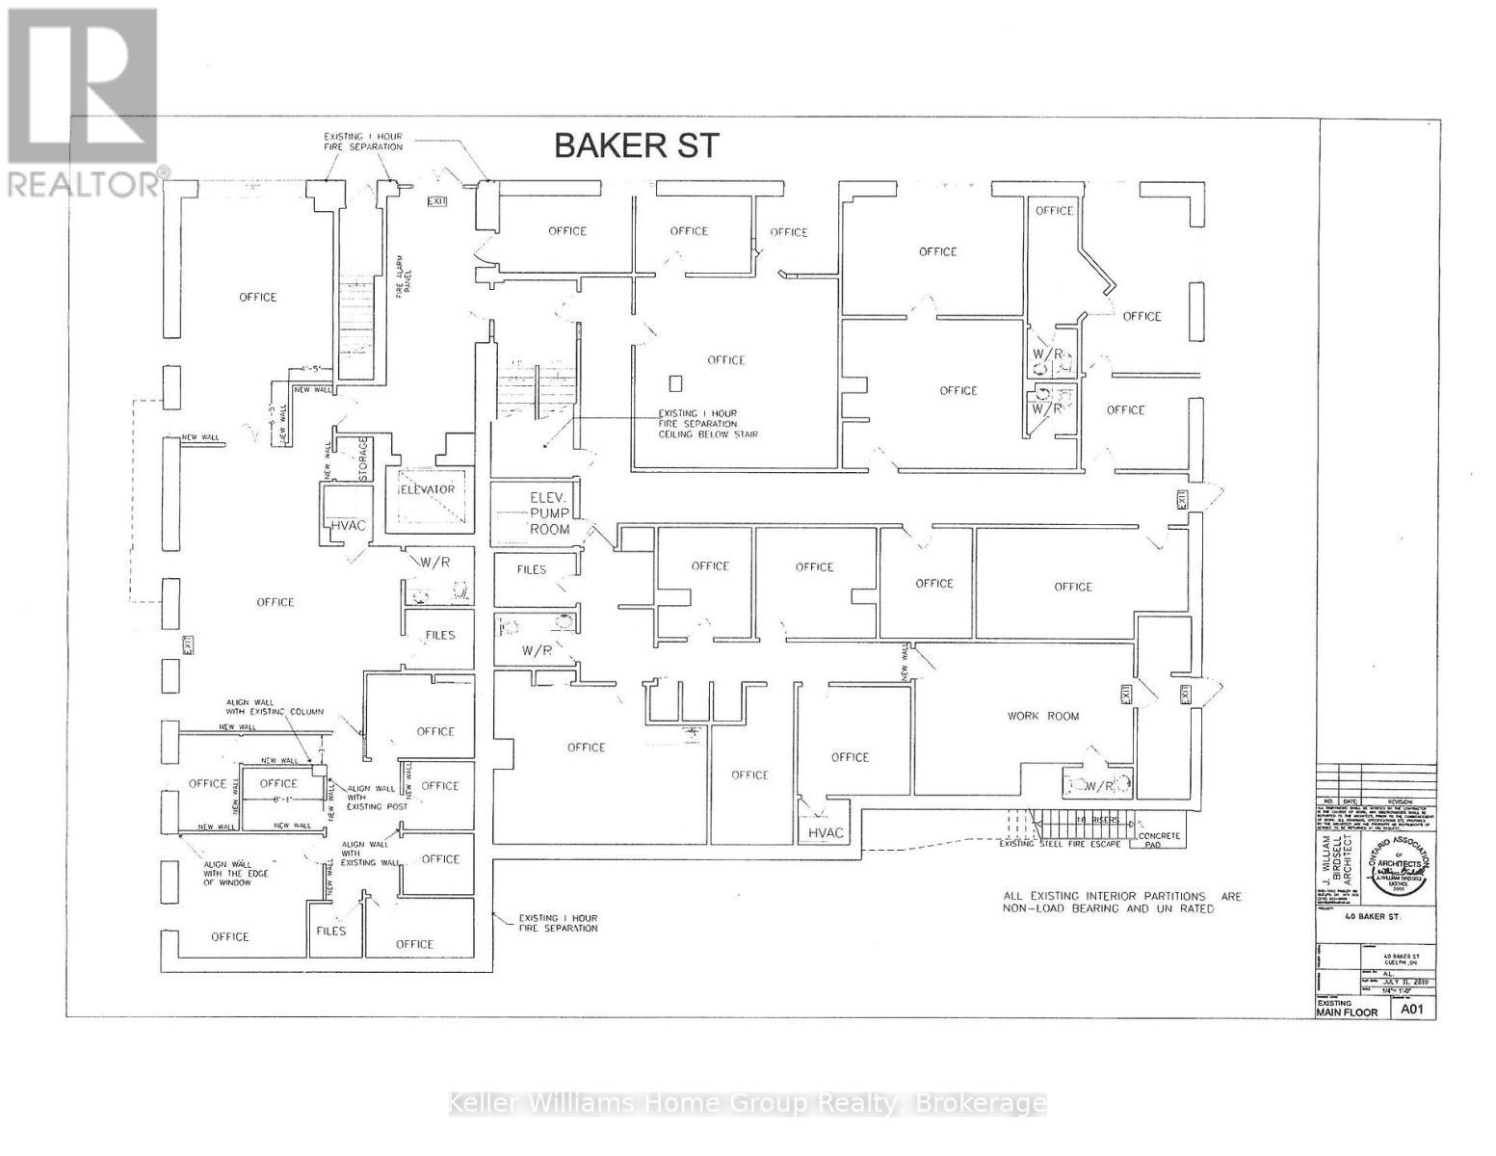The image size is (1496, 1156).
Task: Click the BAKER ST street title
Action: click(636, 145)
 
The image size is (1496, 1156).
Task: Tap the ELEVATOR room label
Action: click(428, 489)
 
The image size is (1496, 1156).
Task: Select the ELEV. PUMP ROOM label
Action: click(550, 513)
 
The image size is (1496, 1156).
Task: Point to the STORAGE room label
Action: click(364, 460)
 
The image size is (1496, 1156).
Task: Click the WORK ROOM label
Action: click(1043, 716)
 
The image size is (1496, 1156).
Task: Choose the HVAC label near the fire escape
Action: click(826, 832)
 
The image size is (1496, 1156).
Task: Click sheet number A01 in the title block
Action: click(1412, 1010)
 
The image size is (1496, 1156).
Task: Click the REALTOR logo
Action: click(84, 100)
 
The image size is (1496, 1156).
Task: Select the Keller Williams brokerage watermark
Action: click(748, 1103)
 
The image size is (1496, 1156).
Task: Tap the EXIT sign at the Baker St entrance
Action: click(438, 200)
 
